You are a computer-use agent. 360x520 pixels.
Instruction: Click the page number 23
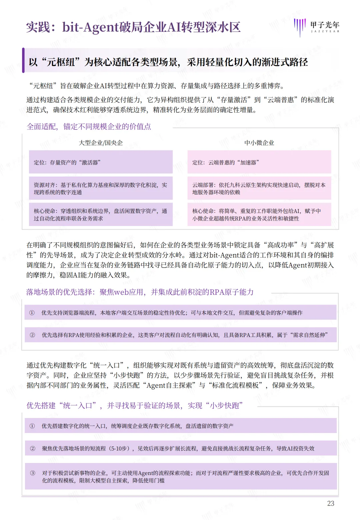[330, 503]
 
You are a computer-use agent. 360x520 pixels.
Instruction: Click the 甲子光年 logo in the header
[316, 27]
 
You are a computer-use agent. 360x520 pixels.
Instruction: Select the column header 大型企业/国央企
[101, 143]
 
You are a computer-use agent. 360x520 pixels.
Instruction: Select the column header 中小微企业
[259, 143]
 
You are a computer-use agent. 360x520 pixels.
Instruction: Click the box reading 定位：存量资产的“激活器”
[101, 162]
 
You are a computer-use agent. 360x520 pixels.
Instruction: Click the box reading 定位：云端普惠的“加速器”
[259, 162]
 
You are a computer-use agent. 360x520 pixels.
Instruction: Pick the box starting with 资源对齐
[101, 188]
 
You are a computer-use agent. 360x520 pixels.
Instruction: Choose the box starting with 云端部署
[259, 188]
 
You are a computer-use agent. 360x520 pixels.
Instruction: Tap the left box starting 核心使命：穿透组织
[101, 215]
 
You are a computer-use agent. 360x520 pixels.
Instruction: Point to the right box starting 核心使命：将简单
[259, 215]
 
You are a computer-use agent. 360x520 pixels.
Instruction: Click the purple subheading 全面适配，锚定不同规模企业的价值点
[89, 127]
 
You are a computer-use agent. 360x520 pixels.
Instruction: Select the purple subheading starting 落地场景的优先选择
[140, 292]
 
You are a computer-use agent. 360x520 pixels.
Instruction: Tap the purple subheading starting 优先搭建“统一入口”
[134, 406]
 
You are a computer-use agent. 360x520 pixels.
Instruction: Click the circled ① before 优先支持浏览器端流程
[32, 313]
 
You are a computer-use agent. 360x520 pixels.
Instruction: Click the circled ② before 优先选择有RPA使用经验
[32, 335]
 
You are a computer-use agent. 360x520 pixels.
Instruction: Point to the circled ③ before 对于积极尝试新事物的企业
[33, 473]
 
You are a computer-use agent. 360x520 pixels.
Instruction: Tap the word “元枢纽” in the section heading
[61, 62]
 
